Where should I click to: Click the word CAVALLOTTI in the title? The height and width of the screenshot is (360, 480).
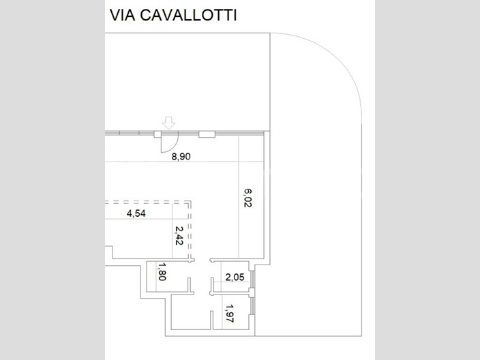point(188,15)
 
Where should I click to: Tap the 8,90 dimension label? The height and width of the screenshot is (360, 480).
point(181,156)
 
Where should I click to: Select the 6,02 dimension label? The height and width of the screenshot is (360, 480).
point(247,198)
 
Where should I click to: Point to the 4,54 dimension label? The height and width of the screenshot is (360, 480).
point(136,213)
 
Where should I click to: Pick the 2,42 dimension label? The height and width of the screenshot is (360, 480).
point(179,235)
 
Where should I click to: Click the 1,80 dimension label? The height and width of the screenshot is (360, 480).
point(162,271)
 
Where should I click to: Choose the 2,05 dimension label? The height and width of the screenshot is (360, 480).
point(235,277)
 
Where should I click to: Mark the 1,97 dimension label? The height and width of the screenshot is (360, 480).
point(230,313)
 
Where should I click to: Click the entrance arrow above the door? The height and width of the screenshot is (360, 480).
point(168,123)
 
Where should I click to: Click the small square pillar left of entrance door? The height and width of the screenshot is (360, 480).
point(157,134)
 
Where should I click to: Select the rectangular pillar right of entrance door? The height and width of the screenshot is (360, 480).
point(207,134)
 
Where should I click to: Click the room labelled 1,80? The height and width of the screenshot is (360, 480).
point(167,276)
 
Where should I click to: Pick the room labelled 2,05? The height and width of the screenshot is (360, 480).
point(235,276)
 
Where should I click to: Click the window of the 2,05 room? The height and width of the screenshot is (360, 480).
point(252,279)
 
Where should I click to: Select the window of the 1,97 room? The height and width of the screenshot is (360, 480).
point(252,305)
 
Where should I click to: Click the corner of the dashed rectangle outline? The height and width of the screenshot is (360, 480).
point(190,201)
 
